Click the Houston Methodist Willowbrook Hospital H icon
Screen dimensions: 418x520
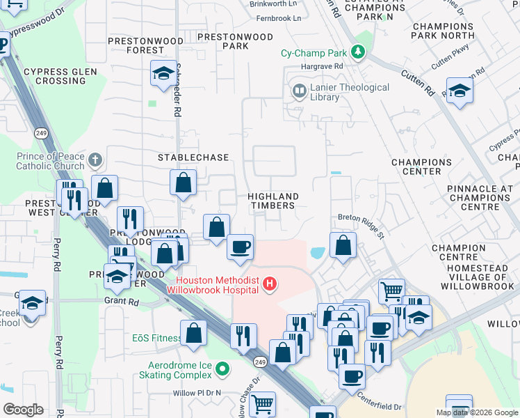tap(270, 284)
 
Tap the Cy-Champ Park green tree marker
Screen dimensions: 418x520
tap(358, 52)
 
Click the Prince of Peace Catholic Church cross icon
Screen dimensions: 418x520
tap(96, 162)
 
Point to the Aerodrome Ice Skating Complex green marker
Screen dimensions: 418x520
tap(222, 368)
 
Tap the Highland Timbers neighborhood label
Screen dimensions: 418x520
tap(274, 201)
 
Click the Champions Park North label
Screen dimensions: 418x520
tap(443, 31)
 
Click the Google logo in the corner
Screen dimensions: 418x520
tap(23, 410)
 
